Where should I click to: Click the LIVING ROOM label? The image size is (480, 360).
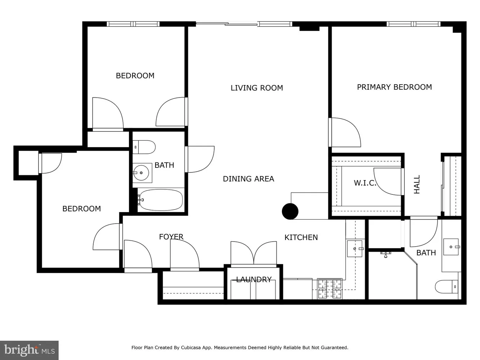pyautogui.click(x=256, y=88)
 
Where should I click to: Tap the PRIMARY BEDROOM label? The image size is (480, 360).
pyautogui.click(x=394, y=87)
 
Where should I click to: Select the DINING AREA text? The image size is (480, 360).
pyautogui.click(x=248, y=179)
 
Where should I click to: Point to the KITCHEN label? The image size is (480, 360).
pyautogui.click(x=301, y=238)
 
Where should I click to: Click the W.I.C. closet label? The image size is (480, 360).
pyautogui.click(x=365, y=183)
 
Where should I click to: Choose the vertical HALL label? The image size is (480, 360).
pyautogui.click(x=417, y=184)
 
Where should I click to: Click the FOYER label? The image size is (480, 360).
pyautogui.click(x=171, y=237)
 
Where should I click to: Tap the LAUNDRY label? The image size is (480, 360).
pyautogui.click(x=254, y=280)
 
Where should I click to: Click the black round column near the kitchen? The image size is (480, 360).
pyautogui.click(x=290, y=211)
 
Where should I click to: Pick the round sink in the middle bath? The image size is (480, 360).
pyautogui.click(x=141, y=173)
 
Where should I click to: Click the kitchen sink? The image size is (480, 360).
pyautogui.click(x=355, y=249)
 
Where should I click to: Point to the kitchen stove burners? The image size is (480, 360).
pyautogui.click(x=330, y=289)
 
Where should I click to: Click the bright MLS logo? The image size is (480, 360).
pyautogui.click(x=29, y=350)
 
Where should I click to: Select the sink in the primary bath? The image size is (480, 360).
pyautogui.click(x=451, y=247)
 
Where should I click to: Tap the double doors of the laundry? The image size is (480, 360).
pyautogui.click(x=254, y=253)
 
